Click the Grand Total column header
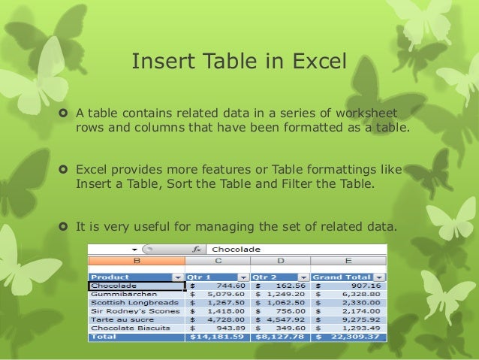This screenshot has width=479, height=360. click(342, 277)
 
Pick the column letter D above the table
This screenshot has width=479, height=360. click(281, 262)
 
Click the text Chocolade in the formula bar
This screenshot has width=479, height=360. click(236, 249)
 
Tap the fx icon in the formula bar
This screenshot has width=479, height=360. click(197, 249)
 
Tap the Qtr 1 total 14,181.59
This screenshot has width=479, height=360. click(218, 337)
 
